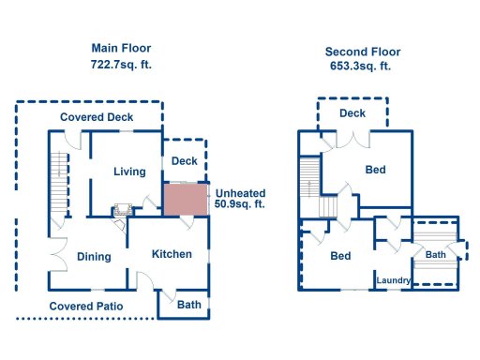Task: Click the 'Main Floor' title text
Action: pos(121,48)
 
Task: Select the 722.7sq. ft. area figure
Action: pos(121,65)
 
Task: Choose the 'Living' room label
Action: pos(129,172)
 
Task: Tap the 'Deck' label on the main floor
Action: pos(184,161)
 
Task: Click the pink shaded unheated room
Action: pos(186,199)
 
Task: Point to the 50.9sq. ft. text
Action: pos(240,203)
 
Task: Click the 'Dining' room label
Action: pos(95,257)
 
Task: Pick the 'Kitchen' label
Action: pos(172,254)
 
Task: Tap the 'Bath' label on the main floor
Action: pos(189,305)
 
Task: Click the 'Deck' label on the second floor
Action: pos(352,113)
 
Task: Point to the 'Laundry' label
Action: pos(394,280)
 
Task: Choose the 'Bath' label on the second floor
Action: pos(436,254)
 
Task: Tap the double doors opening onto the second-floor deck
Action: pos(353,138)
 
